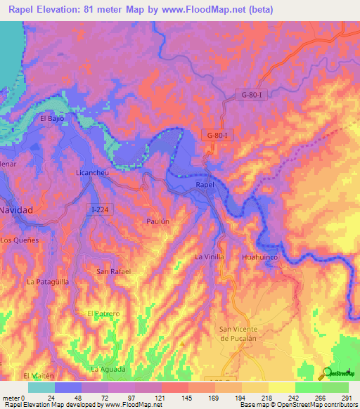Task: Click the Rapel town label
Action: pos(204,185)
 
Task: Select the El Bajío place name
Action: pos(53,119)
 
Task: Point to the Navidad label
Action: pos(15,210)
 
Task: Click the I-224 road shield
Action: pos(100,208)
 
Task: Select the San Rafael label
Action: pos(113,271)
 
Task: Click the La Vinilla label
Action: pos(210,257)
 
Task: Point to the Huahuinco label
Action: pos(260,259)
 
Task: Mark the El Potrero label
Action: pos(103,313)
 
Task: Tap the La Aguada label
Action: pos(108,369)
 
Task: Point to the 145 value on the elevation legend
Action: pos(175,397)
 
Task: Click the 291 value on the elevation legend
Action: pos(347,397)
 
